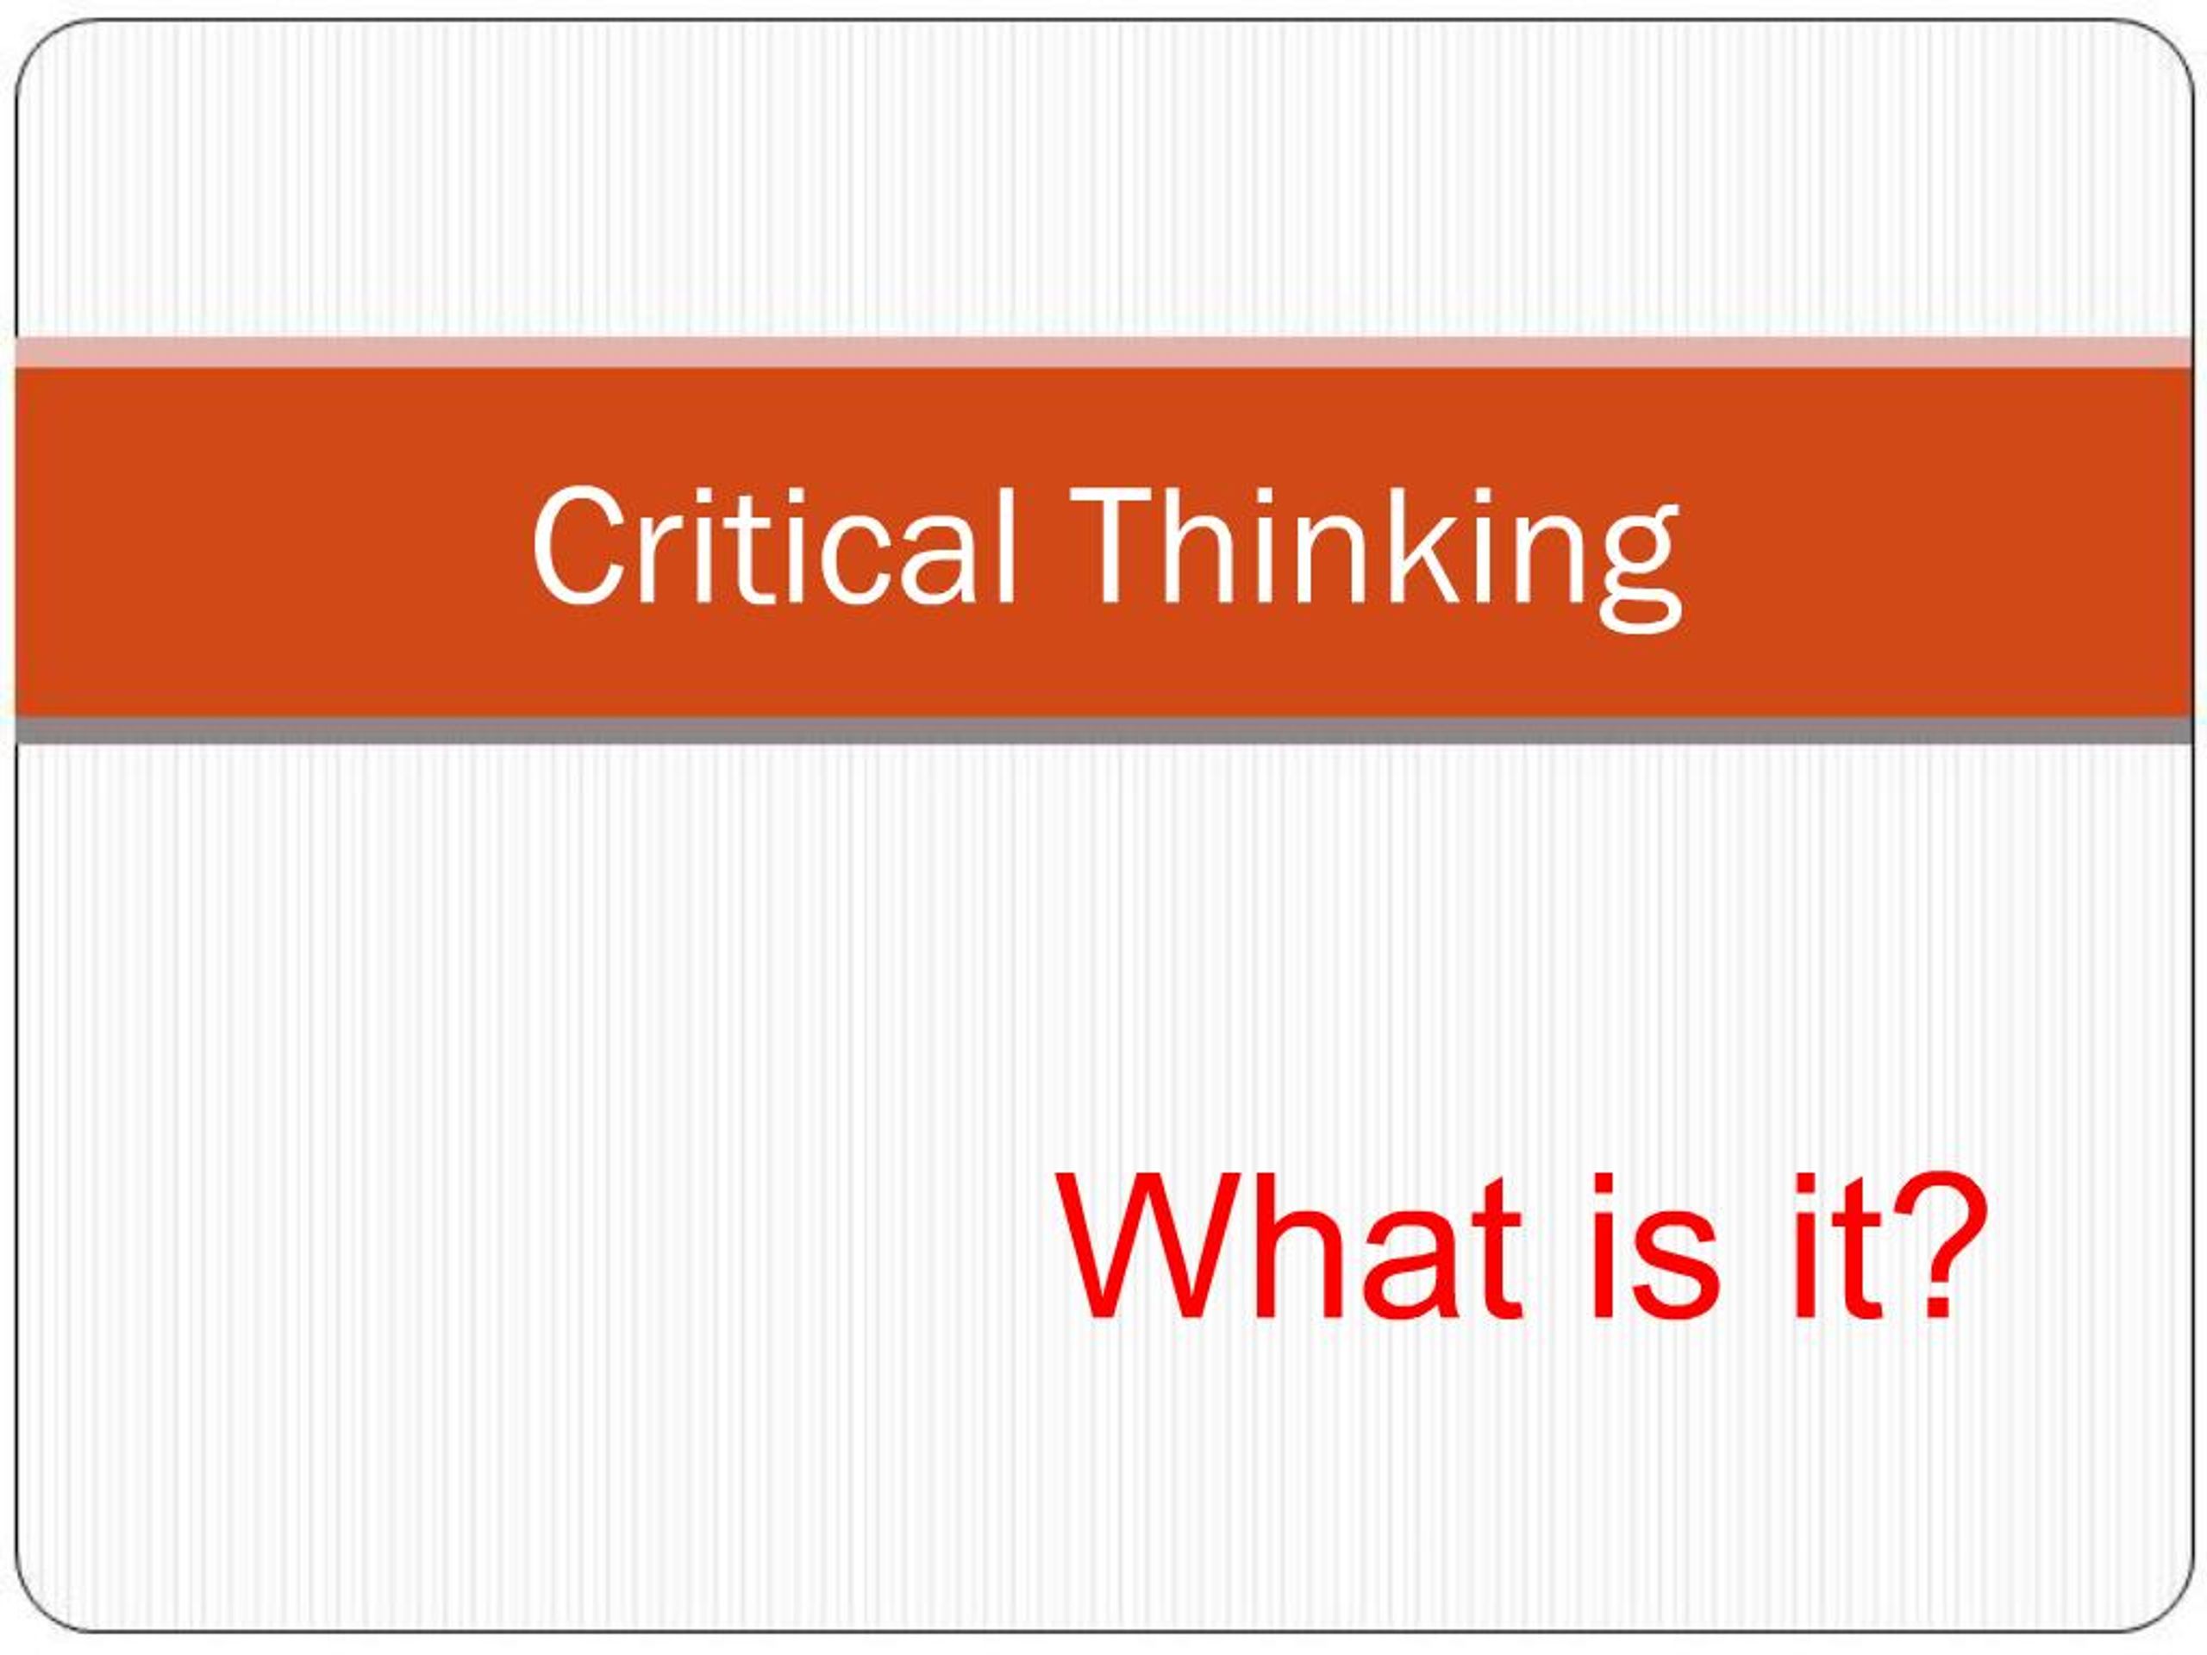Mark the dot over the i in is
pos(1605,1187)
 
